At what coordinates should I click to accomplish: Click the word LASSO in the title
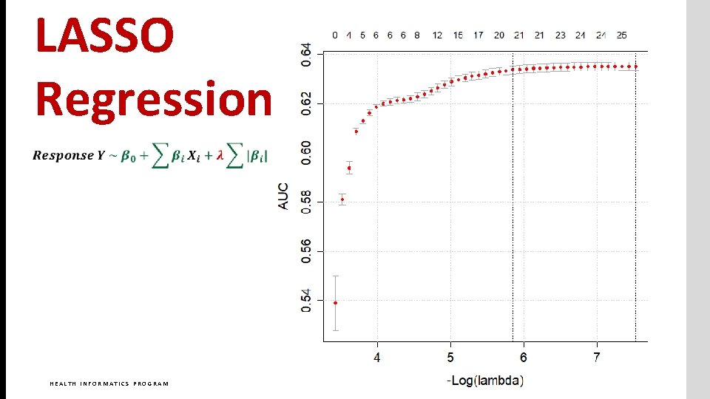coord(104,37)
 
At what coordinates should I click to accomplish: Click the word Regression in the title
coord(154,98)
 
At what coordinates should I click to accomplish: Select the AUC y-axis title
coord(283,196)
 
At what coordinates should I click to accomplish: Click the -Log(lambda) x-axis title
coord(485,381)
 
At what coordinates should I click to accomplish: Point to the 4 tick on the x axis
coord(377,358)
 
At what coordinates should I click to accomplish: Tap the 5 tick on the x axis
coord(450,358)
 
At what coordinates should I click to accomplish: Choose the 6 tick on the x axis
coord(524,358)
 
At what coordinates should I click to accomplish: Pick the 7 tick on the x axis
coord(597,358)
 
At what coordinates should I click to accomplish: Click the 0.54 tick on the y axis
coord(306,300)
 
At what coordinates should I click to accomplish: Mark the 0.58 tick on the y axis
coord(306,202)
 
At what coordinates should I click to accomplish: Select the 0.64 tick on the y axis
coord(306,54)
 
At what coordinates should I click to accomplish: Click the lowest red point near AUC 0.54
coord(335,302)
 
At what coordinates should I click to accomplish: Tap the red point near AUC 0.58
coord(342,199)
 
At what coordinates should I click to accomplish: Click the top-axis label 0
coord(335,35)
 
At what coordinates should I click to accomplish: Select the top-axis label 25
coord(622,35)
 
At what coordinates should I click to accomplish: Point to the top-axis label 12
coord(438,35)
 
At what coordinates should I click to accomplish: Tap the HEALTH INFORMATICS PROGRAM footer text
coord(109,383)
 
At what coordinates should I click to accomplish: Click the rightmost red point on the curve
coord(635,66)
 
